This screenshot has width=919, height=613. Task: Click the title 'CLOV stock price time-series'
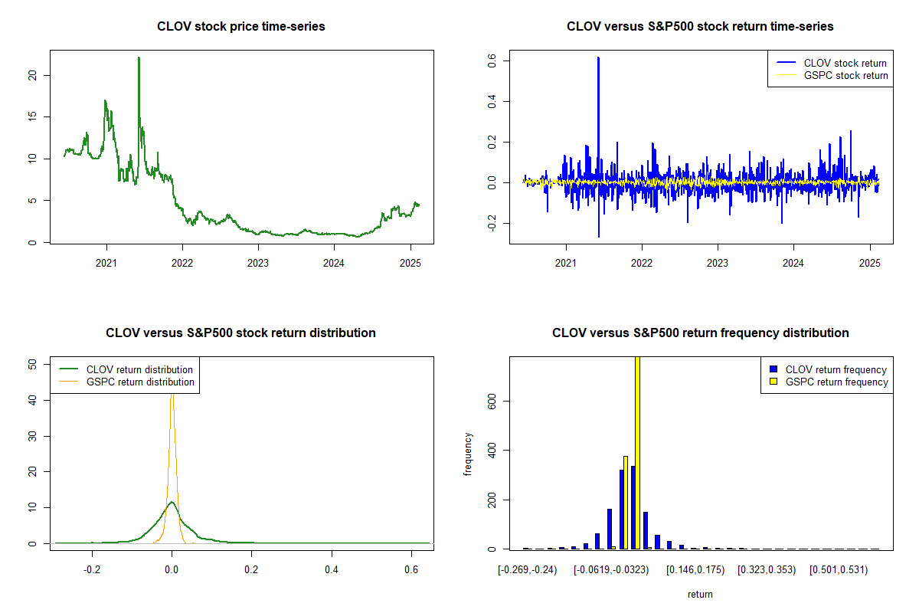tap(241, 27)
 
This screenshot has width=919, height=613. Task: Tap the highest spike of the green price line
tap(139, 58)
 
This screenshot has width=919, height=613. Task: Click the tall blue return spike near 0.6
tap(598, 58)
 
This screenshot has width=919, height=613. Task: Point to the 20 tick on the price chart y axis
tap(32, 75)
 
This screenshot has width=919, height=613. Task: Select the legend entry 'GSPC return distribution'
tap(140, 382)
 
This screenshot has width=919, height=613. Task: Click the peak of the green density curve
tap(172, 503)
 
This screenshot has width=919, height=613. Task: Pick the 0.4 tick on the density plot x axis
tap(332, 570)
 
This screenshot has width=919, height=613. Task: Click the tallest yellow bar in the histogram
tap(637, 452)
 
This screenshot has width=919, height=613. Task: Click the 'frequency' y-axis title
tap(468, 454)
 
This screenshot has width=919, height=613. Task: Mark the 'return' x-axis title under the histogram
tap(700, 594)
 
